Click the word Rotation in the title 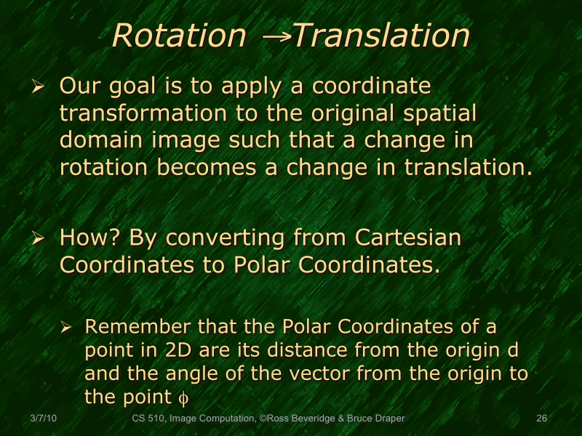pos(179,36)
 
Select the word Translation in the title pos(380,36)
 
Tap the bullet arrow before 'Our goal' pos(39,87)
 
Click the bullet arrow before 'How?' pos(39,238)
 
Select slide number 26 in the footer pos(541,419)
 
